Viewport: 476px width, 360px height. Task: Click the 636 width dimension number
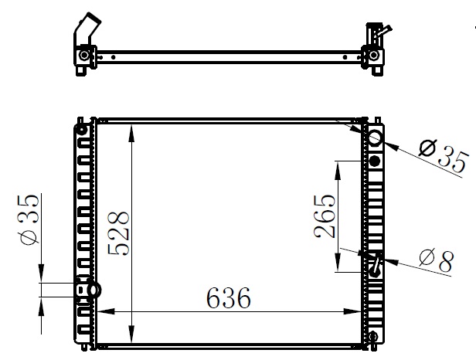[x=229, y=297]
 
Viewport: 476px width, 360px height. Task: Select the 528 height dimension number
[x=119, y=233]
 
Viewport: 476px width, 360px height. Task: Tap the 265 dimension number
[x=325, y=216]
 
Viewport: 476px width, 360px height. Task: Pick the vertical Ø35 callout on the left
[x=29, y=219]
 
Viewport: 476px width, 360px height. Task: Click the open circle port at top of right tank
[x=376, y=138]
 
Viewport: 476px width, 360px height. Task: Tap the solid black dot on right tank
[x=376, y=161]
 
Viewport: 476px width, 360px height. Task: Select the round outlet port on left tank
[x=94, y=290]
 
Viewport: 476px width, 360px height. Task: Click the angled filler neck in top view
[x=88, y=29]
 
